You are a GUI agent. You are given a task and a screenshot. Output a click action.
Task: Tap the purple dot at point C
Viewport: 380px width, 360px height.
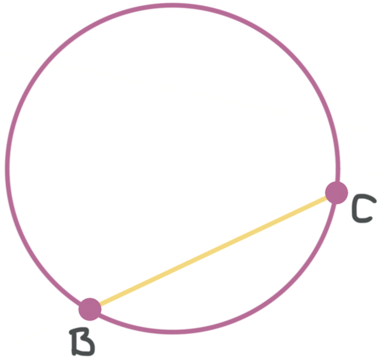click(336, 192)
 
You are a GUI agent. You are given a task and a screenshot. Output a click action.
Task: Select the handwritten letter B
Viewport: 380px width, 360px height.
click(82, 342)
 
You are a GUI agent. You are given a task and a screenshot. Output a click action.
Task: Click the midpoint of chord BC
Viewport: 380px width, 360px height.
click(213, 250)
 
